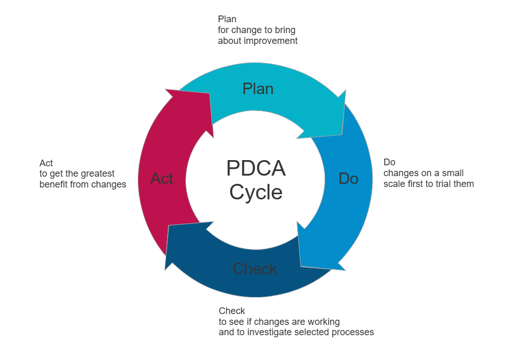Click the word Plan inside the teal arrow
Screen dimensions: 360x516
pos(257,89)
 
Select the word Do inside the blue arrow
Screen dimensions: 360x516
pos(348,179)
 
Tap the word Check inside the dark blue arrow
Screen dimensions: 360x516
pos(255,269)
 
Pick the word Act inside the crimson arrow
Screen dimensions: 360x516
pos(162,179)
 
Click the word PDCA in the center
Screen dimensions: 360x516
pos(256,169)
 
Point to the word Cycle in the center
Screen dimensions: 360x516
pos(256,192)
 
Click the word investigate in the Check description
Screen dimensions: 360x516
pos(272,332)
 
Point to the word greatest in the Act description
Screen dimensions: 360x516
pos(98,174)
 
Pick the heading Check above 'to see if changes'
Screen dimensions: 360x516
pos(232,311)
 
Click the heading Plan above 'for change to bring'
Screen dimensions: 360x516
pos(227,19)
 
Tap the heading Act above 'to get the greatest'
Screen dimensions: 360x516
pos(46,163)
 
